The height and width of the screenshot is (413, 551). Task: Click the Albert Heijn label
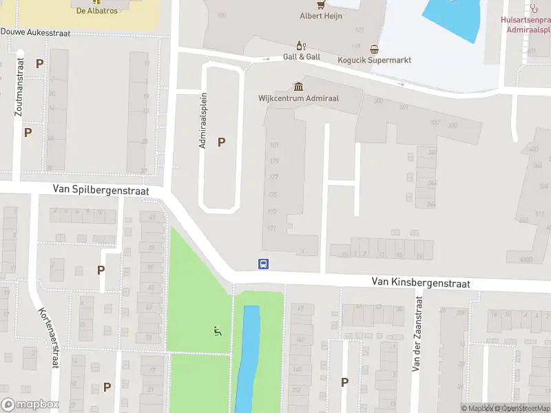[x=321, y=16]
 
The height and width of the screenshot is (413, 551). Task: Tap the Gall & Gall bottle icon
[x=300, y=45]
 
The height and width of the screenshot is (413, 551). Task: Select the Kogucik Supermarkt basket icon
[x=374, y=49]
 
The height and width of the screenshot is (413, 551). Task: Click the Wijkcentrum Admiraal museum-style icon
[x=298, y=87]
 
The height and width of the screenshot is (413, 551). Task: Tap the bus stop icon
[x=263, y=264]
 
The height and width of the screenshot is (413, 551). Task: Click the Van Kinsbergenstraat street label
[x=421, y=282]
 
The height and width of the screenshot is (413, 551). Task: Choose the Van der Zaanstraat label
[x=416, y=333]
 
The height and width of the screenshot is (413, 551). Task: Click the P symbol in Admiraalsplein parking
[x=221, y=142]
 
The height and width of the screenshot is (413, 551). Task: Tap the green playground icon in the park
[x=218, y=331]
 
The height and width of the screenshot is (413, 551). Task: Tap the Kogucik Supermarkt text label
[x=374, y=60]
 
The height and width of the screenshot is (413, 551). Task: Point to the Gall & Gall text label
[x=301, y=57]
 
